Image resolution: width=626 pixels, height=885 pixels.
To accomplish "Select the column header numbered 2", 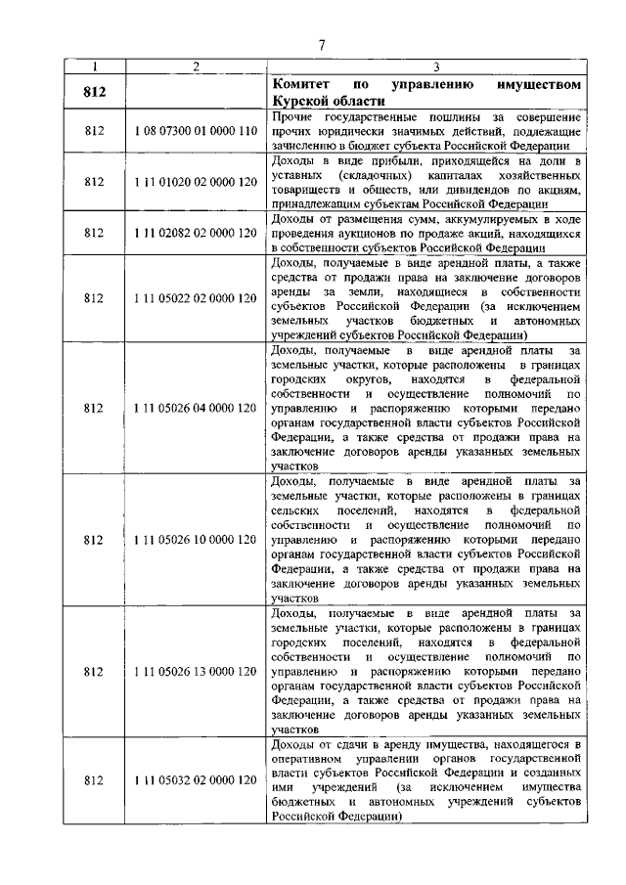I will tap(196, 66).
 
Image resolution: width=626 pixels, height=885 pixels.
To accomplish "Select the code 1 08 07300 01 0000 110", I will tap(196, 130).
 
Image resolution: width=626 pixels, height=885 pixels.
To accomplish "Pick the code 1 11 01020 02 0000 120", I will tap(196, 181).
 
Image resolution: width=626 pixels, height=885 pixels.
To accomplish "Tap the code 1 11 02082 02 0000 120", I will tap(196, 233).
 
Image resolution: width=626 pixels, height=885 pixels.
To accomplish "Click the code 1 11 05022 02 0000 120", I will tap(196, 297).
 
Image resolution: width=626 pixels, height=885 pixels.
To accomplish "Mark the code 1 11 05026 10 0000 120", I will tap(196, 539).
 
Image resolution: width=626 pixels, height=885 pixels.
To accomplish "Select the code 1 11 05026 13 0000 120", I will tap(196, 672).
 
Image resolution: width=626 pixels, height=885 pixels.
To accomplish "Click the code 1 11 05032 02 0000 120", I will tap(196, 779).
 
